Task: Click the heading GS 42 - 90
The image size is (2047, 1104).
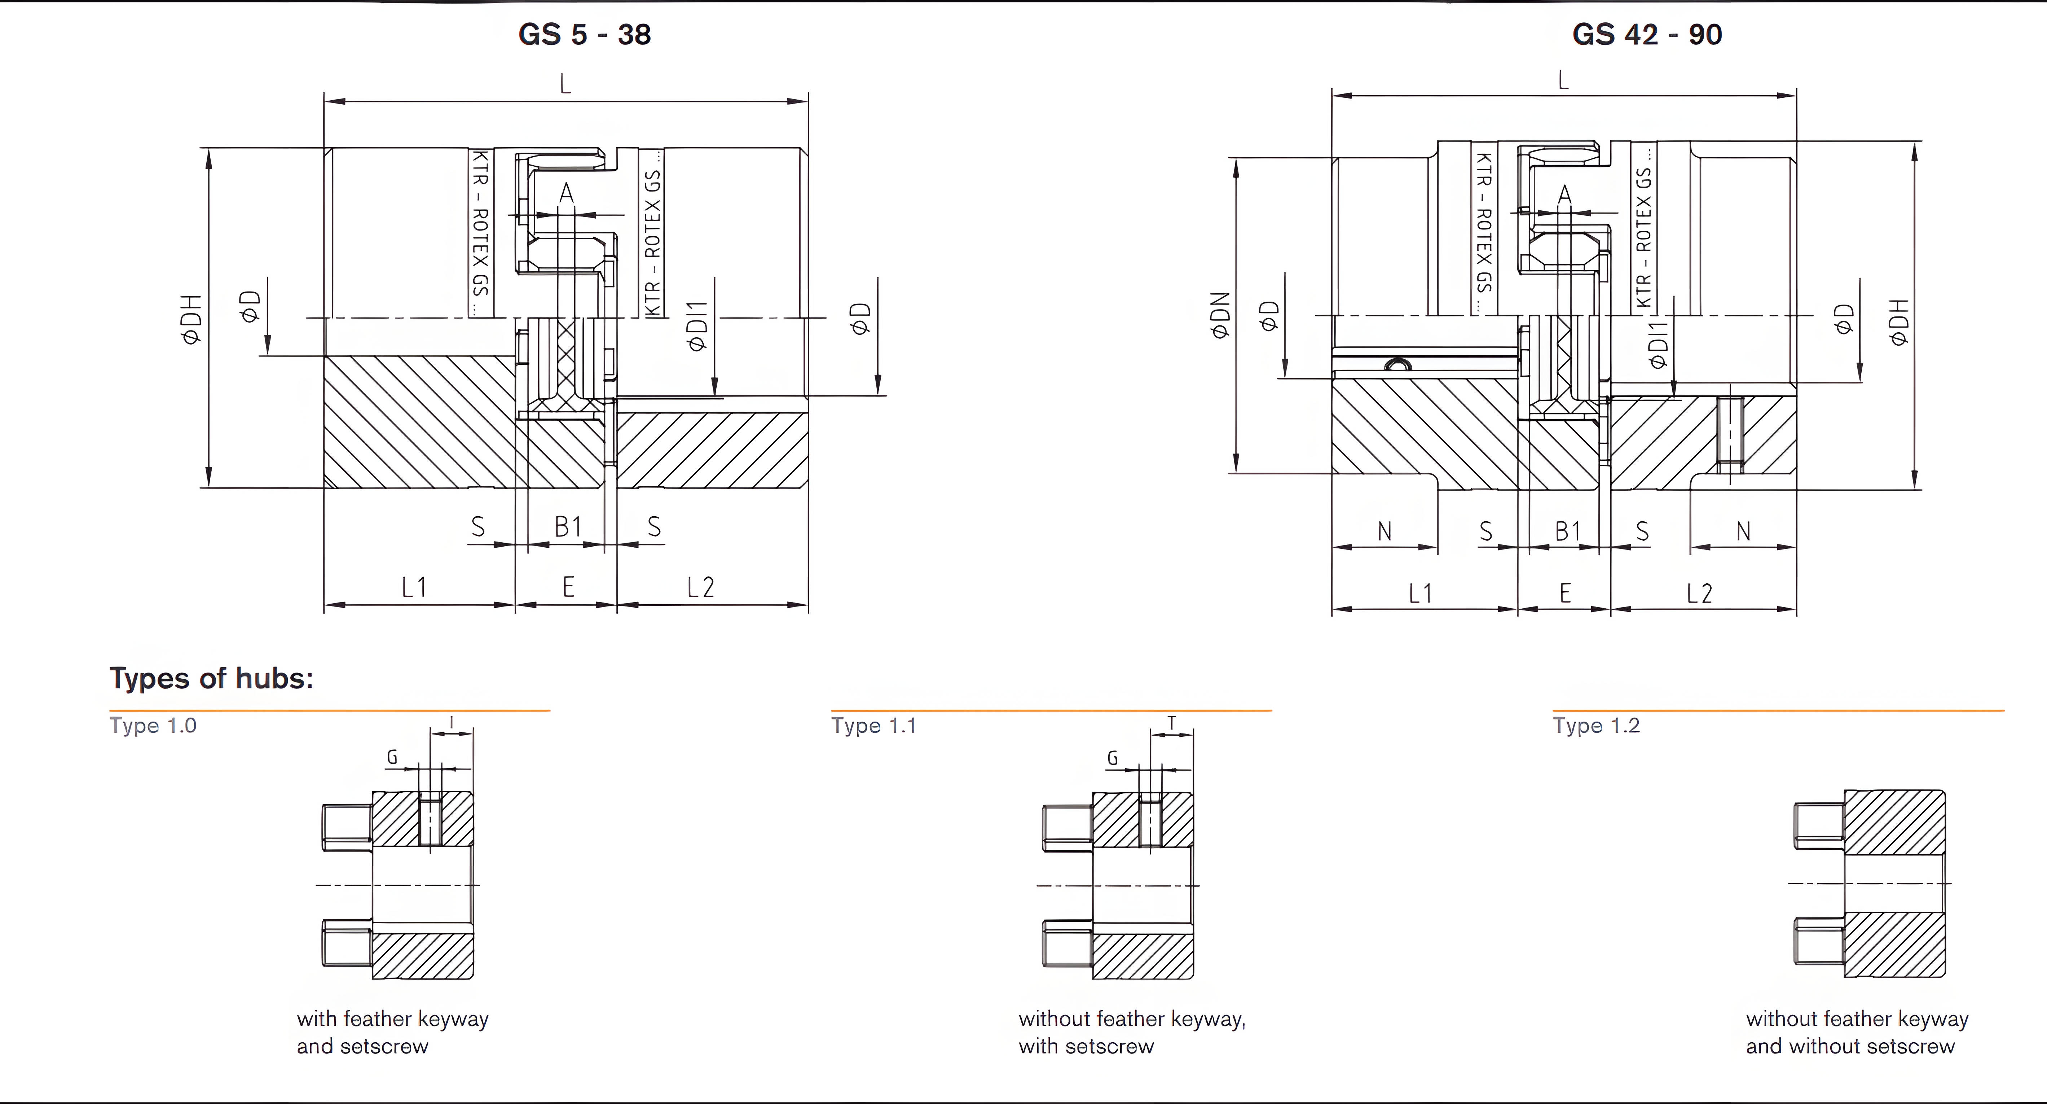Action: pos(1647,34)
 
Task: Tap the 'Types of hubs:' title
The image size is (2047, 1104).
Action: pos(211,678)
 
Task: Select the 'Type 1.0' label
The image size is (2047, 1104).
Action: pos(153,726)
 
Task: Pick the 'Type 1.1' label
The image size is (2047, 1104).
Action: pos(873,726)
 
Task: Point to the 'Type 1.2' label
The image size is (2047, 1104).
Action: pos(1595,726)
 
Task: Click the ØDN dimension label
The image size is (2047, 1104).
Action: pos(1220,316)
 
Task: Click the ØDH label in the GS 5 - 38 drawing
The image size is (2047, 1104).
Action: pos(192,320)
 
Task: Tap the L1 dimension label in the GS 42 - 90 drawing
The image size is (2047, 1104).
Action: pos(1420,593)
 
